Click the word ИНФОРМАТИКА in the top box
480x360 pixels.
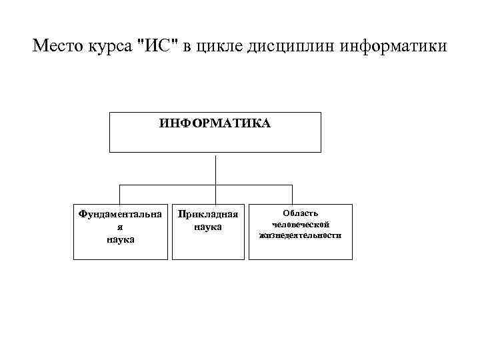coord(215,123)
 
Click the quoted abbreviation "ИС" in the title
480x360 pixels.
coord(153,47)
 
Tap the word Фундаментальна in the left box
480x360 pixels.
coord(120,215)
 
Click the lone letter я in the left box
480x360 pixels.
coord(120,227)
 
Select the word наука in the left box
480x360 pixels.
coord(120,239)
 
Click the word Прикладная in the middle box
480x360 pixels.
coord(207,215)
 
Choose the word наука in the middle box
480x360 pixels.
coord(207,227)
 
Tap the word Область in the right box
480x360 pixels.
coord(300,213)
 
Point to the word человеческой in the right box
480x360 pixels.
coord(300,224)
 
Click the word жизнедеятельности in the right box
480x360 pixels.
coord(300,235)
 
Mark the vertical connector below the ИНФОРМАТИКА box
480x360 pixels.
coord(215,168)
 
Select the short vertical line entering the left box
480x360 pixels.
coord(120,193)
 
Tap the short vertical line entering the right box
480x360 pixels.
coord(299,193)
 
